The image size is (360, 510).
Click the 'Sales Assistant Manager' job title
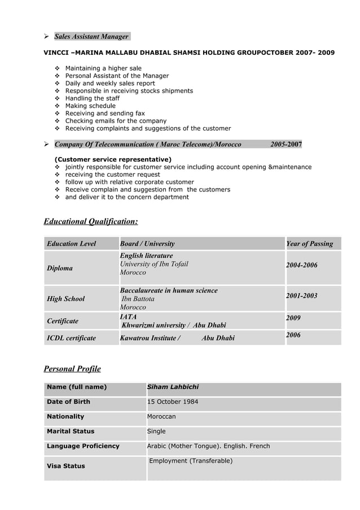(x=91, y=37)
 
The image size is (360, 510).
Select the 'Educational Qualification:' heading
(x=90, y=221)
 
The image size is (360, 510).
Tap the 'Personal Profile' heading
(x=72, y=369)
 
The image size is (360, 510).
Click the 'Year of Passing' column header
(x=309, y=244)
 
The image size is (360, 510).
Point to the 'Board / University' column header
(x=147, y=244)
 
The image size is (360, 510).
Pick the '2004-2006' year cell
(x=302, y=265)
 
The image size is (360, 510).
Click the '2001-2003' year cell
(x=302, y=295)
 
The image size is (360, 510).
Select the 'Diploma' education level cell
(x=59, y=268)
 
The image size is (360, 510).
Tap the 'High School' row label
(x=65, y=299)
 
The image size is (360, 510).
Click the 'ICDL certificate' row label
(x=71, y=338)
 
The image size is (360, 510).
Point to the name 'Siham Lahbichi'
(x=173, y=387)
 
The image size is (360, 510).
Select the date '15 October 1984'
(x=173, y=402)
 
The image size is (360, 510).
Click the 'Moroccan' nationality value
(x=161, y=416)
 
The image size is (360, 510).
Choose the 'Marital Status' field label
(x=71, y=431)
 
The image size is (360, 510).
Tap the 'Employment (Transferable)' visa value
(x=191, y=461)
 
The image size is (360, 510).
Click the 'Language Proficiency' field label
(x=83, y=446)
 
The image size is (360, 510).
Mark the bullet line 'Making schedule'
(x=90, y=106)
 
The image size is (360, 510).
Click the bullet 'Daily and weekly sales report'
(x=110, y=83)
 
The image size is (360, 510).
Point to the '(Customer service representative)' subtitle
(x=113, y=159)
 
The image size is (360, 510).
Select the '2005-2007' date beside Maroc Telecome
(x=286, y=145)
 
